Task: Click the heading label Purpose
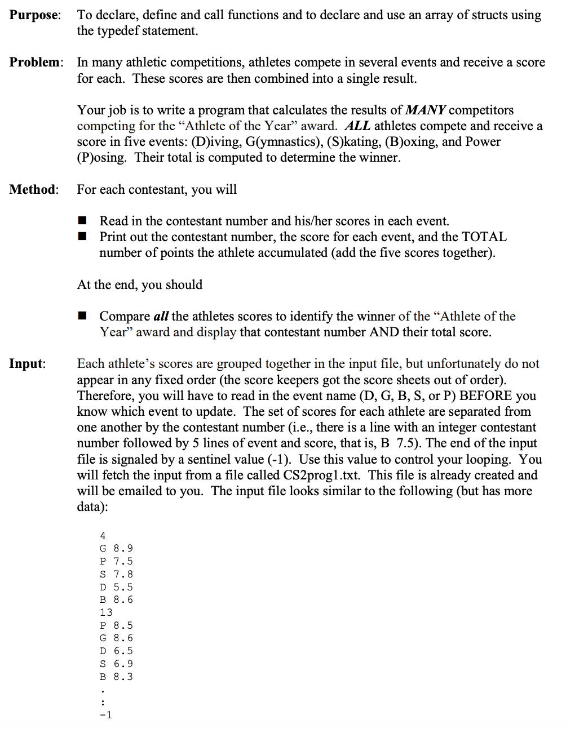(x=34, y=15)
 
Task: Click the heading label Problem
(x=36, y=63)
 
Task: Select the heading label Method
(x=33, y=189)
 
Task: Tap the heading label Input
(x=26, y=364)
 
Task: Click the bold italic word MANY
(x=426, y=110)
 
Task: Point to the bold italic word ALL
(x=357, y=126)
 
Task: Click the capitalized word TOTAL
(x=484, y=237)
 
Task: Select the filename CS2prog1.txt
(x=321, y=475)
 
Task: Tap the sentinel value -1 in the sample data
(x=106, y=715)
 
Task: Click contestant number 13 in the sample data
(x=106, y=612)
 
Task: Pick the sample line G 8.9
(x=116, y=548)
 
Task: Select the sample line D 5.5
(x=116, y=587)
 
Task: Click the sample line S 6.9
(x=116, y=664)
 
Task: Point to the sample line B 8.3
(x=116, y=677)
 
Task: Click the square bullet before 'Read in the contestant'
(x=83, y=220)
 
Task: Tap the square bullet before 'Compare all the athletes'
(x=83, y=315)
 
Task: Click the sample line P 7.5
(x=116, y=561)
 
